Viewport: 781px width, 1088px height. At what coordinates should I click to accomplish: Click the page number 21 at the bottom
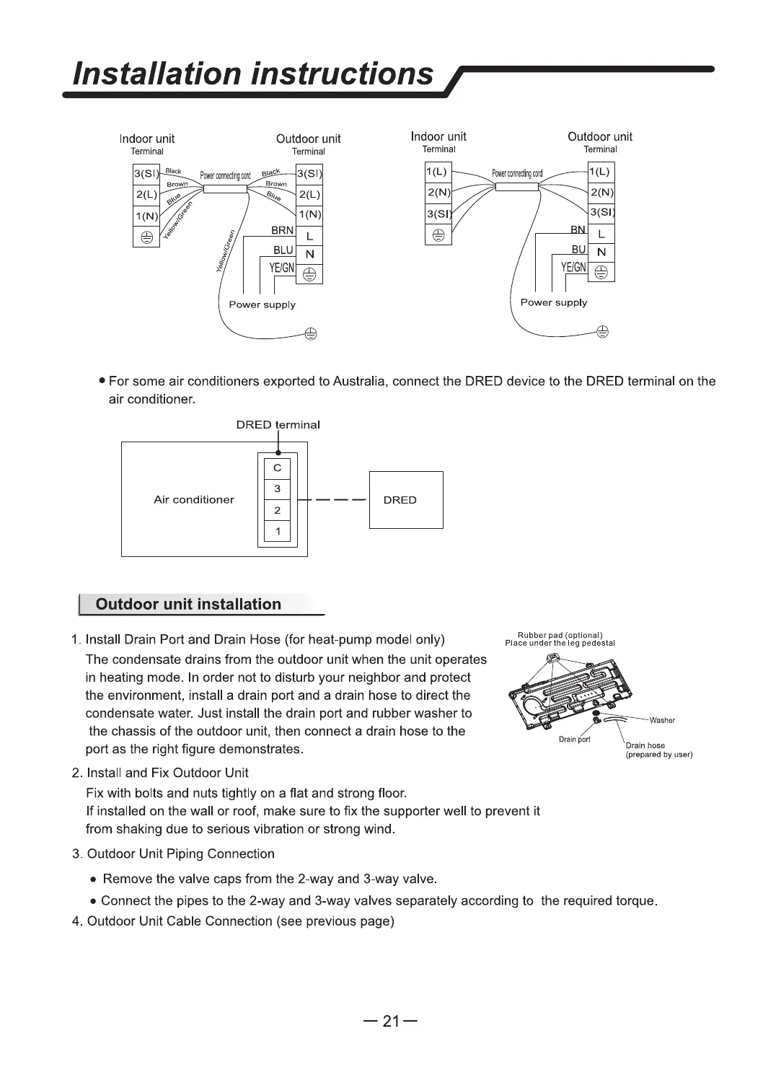coord(390,1021)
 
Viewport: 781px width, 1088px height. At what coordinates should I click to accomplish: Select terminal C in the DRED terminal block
coord(277,468)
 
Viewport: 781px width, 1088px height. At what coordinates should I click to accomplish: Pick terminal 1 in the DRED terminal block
coord(277,532)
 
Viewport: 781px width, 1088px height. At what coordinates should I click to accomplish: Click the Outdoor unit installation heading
coord(188,605)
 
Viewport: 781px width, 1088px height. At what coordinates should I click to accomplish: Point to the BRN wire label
coord(282,231)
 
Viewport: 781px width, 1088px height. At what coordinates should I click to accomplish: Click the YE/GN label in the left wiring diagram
coord(281,268)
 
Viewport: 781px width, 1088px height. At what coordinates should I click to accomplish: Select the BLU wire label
coord(283,250)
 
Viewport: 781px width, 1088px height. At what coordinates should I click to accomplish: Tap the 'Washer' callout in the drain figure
coord(662,720)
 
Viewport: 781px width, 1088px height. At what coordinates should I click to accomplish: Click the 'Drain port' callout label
coord(574,740)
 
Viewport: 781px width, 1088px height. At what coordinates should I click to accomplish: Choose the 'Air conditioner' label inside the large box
coord(194,499)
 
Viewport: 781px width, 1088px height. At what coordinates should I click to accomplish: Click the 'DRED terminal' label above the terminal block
coord(278,425)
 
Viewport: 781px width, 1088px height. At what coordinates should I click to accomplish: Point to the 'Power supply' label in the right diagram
coord(554,302)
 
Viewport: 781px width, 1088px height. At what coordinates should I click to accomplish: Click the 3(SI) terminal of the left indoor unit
coord(146,175)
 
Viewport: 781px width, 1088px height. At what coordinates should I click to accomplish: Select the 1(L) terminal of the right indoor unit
coord(437,172)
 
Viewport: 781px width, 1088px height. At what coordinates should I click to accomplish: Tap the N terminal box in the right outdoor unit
coord(601,253)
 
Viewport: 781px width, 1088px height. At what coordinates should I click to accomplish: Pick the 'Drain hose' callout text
coord(645,745)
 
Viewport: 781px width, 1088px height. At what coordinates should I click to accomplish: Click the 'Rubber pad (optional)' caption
coord(560,635)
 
